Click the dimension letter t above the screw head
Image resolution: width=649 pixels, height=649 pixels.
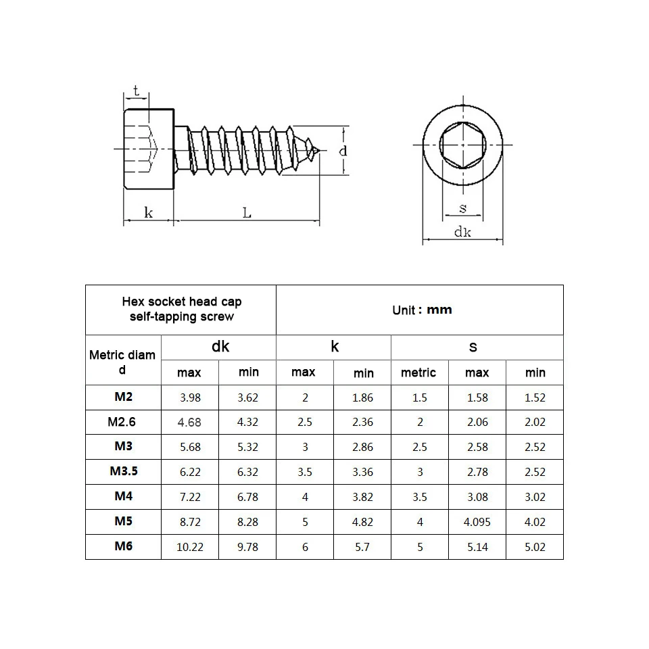[136, 91]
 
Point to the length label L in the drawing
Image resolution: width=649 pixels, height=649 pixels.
[247, 213]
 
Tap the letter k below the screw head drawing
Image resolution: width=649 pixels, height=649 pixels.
[149, 213]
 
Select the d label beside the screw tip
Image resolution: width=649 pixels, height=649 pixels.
[343, 150]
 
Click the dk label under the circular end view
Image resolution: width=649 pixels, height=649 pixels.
[462, 232]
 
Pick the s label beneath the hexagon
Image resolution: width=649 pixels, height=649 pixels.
[462, 208]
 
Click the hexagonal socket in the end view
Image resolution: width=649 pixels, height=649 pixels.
[462, 144]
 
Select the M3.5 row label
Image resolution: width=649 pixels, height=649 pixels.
[123, 471]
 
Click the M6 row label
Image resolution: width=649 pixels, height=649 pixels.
[123, 546]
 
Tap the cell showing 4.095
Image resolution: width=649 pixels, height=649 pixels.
[477, 522]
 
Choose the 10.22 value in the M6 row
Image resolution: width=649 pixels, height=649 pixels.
[190, 547]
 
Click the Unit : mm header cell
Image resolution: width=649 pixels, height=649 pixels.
[421, 310]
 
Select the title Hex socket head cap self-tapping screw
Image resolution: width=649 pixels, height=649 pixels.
[181, 310]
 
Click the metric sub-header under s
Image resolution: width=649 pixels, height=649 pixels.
[418, 372]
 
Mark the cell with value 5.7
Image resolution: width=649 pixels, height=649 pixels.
[363, 547]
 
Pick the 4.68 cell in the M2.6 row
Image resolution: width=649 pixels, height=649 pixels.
[190, 423]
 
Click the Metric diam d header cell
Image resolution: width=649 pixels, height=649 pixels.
[122, 362]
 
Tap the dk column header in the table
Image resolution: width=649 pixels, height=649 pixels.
[220, 347]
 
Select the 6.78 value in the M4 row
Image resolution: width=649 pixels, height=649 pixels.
[248, 497]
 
